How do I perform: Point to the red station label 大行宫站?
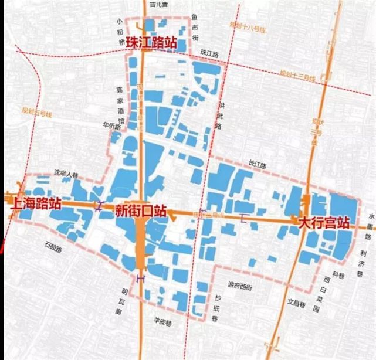pyautogui.click(x=324, y=223)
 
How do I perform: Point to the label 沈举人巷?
pyautogui.click(x=65, y=174)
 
